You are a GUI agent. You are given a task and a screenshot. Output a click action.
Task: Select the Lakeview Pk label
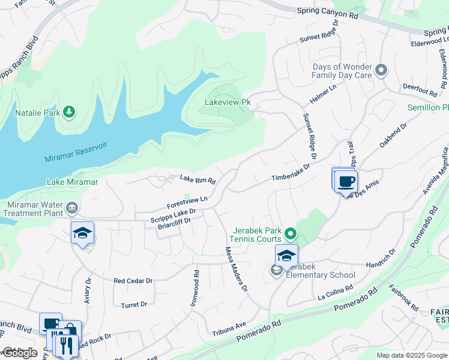228,103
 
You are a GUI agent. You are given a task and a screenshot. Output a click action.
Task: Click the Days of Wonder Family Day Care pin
381,71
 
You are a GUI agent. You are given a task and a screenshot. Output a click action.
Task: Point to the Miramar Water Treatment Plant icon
72,208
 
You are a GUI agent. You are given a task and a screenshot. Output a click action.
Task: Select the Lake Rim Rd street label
197,178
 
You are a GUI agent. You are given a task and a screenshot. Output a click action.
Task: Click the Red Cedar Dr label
133,281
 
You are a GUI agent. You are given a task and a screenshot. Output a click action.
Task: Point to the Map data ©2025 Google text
411,355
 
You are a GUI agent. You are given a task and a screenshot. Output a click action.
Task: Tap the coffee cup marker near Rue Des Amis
346,181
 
